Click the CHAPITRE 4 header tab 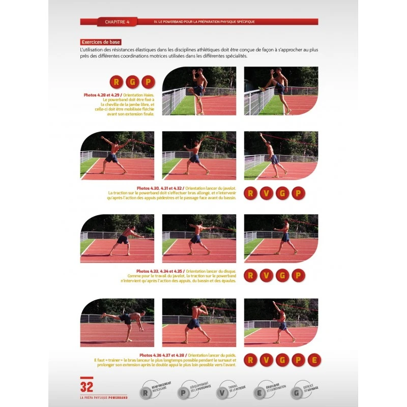(117, 22)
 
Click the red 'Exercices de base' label (100, 42)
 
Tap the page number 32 (86, 387)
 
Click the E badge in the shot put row (314, 360)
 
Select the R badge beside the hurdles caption (117, 81)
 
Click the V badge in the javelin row (266, 193)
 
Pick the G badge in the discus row (282, 275)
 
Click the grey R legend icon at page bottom (146, 393)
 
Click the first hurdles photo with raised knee (199, 91)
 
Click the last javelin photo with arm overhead (281, 155)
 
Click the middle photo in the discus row (199, 238)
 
